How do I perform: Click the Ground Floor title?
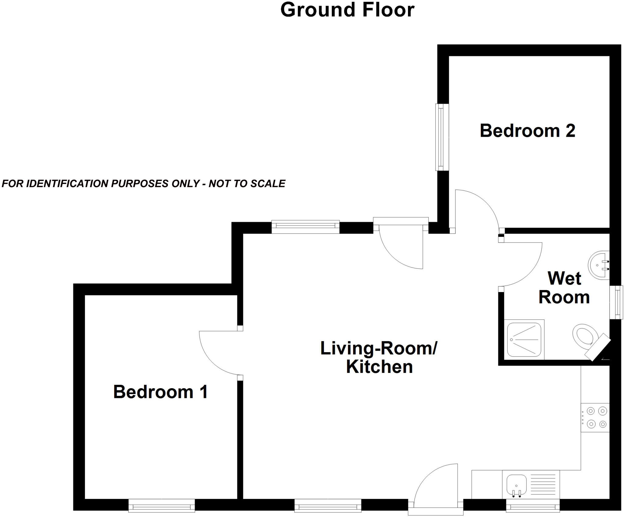point(347,10)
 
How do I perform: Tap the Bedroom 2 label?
point(527,131)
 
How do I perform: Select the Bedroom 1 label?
point(161,392)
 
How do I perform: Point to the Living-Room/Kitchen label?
point(379,357)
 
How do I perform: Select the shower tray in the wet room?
point(524,339)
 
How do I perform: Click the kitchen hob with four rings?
point(596,418)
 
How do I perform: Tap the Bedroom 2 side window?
point(442,137)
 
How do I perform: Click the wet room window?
point(616,302)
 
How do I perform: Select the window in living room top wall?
point(305,226)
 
